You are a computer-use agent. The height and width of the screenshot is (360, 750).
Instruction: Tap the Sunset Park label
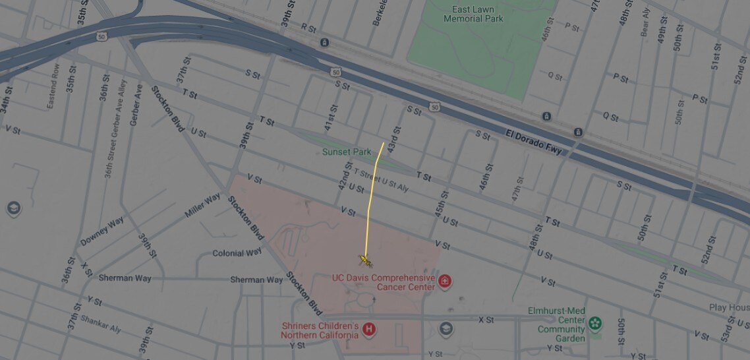pos(347,152)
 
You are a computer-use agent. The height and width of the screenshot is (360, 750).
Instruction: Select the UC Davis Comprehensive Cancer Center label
pos(383,282)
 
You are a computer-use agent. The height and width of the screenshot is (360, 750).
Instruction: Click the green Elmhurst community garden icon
pos(595,323)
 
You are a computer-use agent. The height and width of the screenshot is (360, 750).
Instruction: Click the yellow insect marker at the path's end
pos(366,260)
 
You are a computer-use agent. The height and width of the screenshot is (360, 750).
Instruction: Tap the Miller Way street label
pos(202,206)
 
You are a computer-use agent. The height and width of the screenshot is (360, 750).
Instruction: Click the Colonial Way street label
pos(237,253)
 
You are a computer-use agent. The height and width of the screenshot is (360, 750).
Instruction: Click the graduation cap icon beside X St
pos(446,328)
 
